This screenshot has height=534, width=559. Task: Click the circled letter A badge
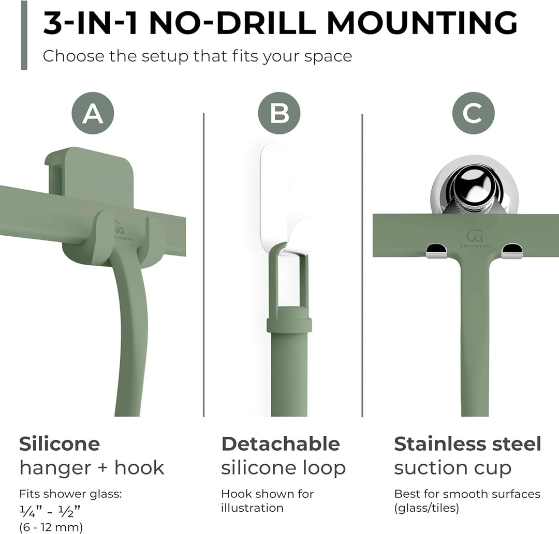coord(93,113)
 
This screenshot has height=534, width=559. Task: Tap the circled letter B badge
coord(279,113)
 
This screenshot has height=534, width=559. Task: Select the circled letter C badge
coord(474,113)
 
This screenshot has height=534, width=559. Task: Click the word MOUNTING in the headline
coord(422,23)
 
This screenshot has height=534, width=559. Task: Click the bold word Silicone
coord(60,444)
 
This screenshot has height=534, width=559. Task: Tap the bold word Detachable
coord(281,444)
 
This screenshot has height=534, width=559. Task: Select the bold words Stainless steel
coord(468,444)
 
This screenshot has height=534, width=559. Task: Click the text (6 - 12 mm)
coord(51,527)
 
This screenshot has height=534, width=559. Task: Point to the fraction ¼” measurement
coord(31,512)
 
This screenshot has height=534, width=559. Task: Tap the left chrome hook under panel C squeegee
coord(437,251)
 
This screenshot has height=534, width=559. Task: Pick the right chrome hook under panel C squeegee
coord(512,251)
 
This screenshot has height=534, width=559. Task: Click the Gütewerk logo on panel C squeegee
coord(474,238)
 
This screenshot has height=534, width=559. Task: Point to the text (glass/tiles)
coord(426,508)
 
